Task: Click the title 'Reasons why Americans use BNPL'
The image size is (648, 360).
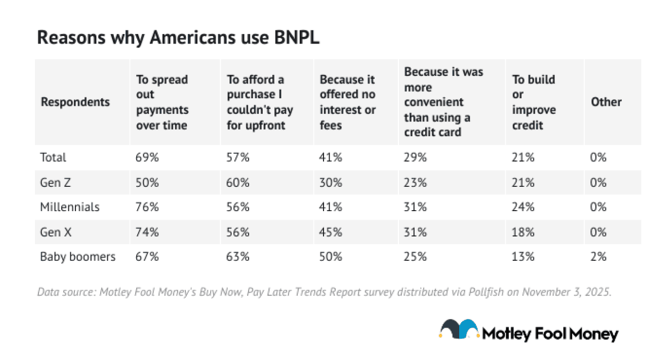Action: pos(178,38)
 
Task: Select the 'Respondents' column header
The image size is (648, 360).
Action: pos(75,102)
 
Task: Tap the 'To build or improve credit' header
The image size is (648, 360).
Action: pos(534,102)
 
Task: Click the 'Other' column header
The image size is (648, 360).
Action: pos(606,102)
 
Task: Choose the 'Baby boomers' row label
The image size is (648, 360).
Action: pos(77,257)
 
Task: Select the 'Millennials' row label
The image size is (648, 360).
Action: pos(70,207)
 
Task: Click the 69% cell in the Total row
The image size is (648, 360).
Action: pos(147,157)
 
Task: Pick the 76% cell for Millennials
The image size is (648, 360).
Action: pos(147,207)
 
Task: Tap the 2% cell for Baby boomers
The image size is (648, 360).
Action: pos(598,257)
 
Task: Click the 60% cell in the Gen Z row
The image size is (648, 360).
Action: pos(238,182)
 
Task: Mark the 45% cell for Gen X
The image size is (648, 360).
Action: pos(331,232)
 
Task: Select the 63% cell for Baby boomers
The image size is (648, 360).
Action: pos(238,257)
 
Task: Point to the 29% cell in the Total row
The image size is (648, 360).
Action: pos(415,157)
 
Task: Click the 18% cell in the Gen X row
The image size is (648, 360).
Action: pos(523,232)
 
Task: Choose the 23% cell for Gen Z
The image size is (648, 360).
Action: pos(415,182)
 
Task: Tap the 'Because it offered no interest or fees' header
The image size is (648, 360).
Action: pos(348,102)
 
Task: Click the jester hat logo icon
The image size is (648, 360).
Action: pos(459,329)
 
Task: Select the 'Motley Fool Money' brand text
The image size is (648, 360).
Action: pos(550,334)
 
